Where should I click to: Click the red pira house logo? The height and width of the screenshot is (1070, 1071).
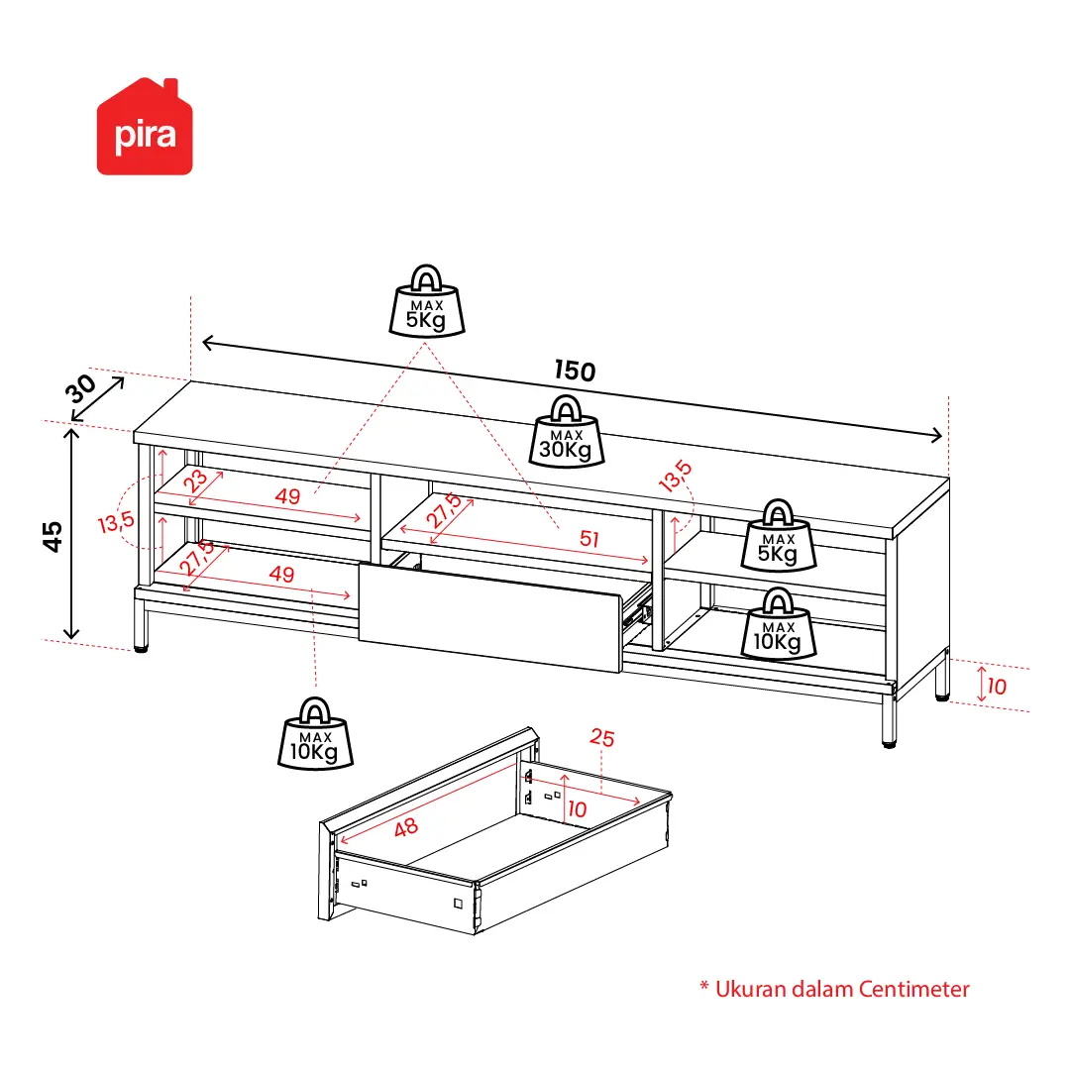click(x=145, y=127)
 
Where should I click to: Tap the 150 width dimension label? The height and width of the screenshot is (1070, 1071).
click(x=575, y=371)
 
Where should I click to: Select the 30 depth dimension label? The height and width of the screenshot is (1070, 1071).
click(x=80, y=388)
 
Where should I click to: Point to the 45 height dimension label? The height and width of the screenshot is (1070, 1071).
click(x=52, y=536)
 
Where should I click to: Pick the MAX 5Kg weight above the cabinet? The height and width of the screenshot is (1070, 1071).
click(x=427, y=301)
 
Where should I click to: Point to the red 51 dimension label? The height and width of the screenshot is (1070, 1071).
click(x=589, y=539)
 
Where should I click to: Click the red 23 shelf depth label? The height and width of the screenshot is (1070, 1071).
click(x=196, y=481)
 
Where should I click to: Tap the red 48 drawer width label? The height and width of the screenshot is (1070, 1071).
click(x=406, y=827)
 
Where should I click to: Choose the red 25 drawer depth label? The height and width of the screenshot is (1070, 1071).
click(x=602, y=737)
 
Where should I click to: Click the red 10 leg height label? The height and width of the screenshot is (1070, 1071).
click(x=998, y=687)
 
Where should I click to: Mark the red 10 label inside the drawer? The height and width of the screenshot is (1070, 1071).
click(x=578, y=809)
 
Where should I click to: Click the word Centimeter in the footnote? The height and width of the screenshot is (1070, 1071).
click(x=913, y=989)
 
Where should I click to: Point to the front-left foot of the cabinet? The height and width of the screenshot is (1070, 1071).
click(x=142, y=647)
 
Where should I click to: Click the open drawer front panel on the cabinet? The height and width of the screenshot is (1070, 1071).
click(x=490, y=617)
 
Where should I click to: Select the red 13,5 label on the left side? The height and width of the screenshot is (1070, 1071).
click(x=116, y=522)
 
